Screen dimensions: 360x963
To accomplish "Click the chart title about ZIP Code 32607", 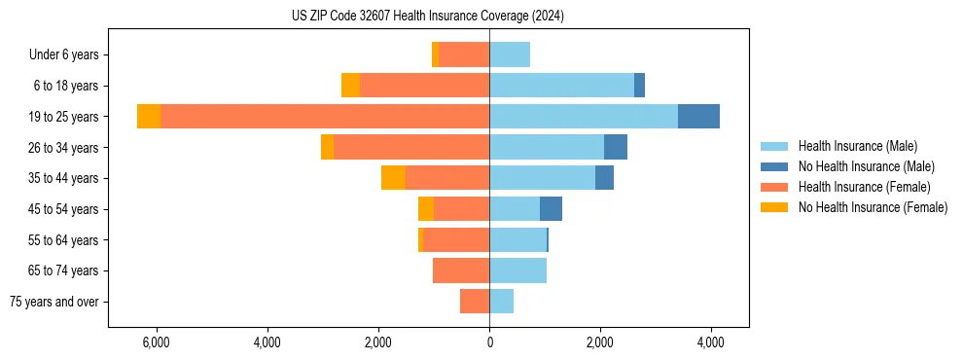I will coord(427,17).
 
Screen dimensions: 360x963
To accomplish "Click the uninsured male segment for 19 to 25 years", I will coord(698,117).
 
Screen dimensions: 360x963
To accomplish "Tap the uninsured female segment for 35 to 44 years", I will coord(393,178).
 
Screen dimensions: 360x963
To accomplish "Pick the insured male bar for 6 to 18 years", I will coord(561,86).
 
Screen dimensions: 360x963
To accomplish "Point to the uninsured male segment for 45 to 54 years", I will coord(551,209).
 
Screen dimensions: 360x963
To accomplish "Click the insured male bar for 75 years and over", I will coord(501,302).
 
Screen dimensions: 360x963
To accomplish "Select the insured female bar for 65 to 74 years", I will coord(461,270).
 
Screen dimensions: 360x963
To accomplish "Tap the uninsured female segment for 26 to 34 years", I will coord(327,147).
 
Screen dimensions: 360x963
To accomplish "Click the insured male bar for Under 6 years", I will coord(510,54).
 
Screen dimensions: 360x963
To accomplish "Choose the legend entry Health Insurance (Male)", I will coord(857,146).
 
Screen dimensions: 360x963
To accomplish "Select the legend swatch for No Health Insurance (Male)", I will coord(775,166).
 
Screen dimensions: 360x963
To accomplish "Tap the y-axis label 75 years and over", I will coord(53,302).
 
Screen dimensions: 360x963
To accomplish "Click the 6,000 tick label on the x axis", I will coord(157,342).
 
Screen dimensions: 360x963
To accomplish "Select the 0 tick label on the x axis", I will coord(489,342).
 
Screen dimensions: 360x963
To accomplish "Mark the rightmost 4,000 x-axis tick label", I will coord(710,342).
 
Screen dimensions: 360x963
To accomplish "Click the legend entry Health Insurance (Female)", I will coord(864,187).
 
